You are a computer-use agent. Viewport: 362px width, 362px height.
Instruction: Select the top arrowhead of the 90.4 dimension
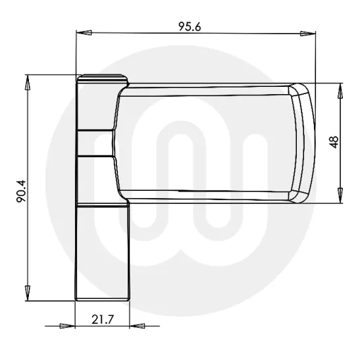(x=28, y=82)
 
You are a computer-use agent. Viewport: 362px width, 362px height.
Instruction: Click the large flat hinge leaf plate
(x=204, y=142)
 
